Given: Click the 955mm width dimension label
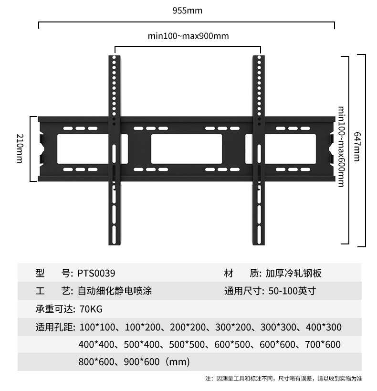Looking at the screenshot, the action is [x=188, y=11].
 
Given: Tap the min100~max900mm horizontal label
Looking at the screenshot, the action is [x=188, y=36].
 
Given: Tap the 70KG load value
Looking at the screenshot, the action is [x=92, y=309].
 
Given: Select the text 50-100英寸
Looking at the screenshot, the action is [x=289, y=291].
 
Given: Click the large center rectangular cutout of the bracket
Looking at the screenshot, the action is [x=187, y=149].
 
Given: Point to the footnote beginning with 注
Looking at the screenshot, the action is [x=283, y=379].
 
